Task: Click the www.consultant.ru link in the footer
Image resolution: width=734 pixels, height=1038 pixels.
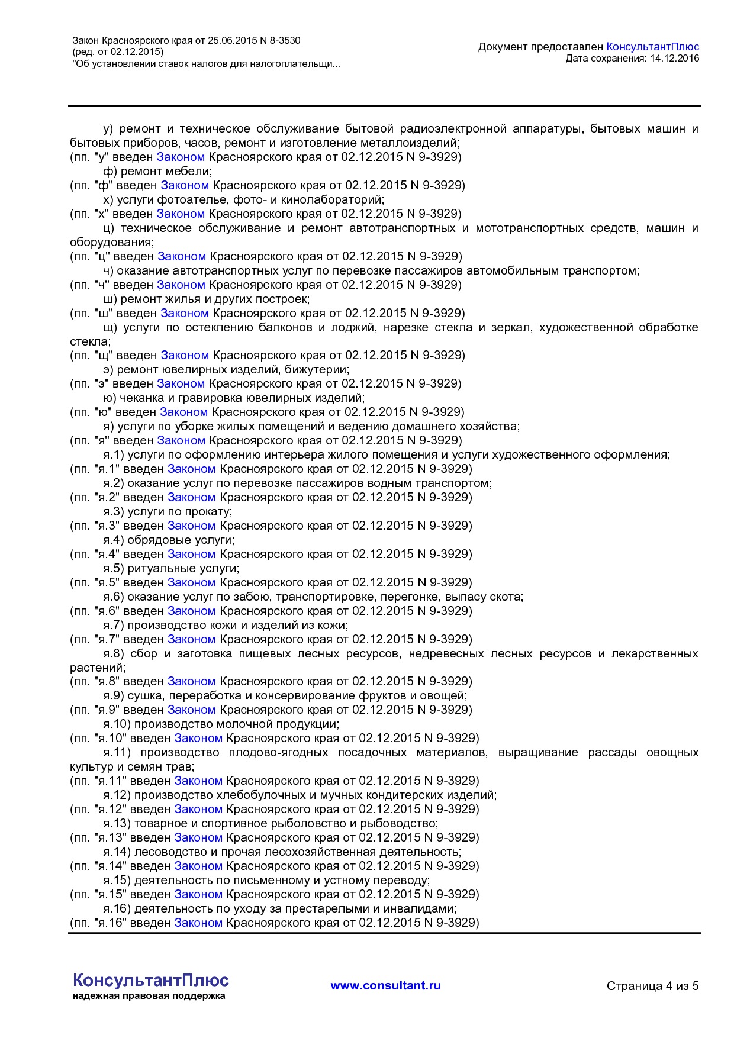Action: tap(385, 985)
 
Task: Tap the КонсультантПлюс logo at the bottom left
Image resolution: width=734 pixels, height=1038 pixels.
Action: tap(150, 981)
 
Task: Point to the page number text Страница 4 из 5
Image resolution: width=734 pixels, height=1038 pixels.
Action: tap(652, 986)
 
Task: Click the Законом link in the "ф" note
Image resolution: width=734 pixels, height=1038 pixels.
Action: tap(185, 185)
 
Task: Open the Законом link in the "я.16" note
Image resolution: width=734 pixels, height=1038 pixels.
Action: tap(198, 923)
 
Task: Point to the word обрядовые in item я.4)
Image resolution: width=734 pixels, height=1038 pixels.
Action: tap(156, 540)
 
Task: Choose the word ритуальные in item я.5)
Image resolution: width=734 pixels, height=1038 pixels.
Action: tap(157, 569)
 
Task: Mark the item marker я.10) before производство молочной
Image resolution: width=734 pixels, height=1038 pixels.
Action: tap(117, 724)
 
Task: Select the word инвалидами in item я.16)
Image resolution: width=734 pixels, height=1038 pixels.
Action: tap(424, 909)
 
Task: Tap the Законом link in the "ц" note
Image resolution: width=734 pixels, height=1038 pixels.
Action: tap(182, 256)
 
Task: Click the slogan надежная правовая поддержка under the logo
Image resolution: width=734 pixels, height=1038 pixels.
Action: tap(149, 996)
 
